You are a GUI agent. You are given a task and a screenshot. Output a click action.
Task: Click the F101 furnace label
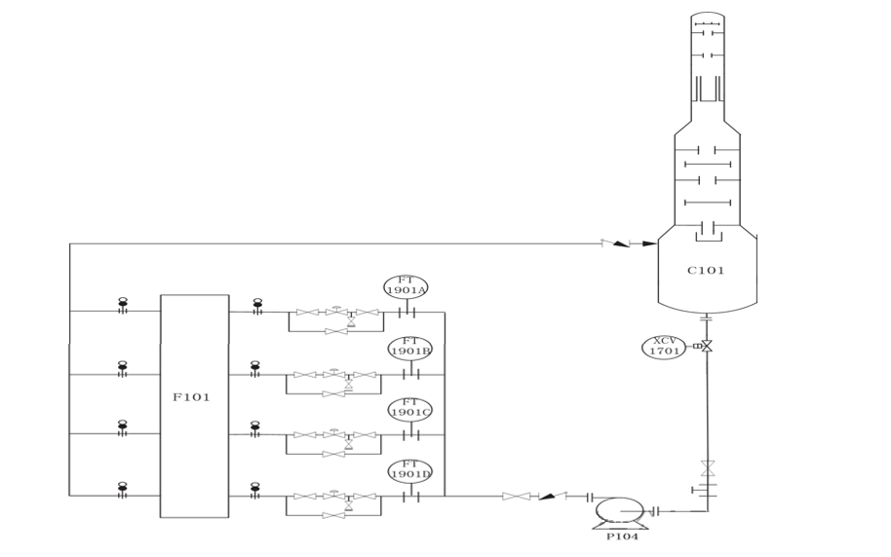[191, 397]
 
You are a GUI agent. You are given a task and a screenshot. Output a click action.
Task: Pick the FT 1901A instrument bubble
[407, 286]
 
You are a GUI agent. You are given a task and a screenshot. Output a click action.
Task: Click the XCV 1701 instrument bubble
[663, 346]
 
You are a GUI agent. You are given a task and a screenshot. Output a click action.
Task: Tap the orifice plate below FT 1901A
[407, 313]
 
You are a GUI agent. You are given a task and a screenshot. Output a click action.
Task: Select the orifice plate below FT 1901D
[407, 497]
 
